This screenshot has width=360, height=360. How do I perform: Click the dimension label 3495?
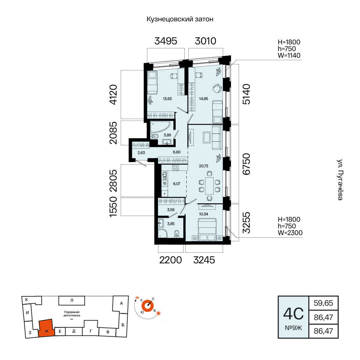click(166, 41)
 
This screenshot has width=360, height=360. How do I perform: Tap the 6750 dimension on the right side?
click(246, 164)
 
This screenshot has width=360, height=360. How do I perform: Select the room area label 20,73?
click(204, 166)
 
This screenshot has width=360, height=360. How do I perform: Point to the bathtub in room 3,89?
click(160, 127)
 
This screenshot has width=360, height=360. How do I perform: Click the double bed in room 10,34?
click(207, 229)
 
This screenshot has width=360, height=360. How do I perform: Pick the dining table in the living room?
click(209, 186)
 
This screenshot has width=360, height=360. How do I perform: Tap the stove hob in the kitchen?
click(176, 168)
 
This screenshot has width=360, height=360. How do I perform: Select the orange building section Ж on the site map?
click(46, 328)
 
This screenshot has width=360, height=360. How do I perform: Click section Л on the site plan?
click(72, 300)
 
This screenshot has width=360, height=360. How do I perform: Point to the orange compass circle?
click(147, 306)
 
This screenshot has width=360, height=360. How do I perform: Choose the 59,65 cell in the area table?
click(323, 303)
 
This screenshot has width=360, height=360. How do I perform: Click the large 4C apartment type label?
click(293, 314)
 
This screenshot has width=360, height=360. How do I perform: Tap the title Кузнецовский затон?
click(180, 19)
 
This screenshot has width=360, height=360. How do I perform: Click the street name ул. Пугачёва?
click(340, 180)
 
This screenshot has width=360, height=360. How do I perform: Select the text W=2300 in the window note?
click(290, 233)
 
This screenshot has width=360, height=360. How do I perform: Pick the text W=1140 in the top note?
click(289, 55)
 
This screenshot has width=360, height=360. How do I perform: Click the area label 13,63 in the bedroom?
click(167, 99)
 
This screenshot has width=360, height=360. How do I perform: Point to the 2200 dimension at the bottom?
click(171, 260)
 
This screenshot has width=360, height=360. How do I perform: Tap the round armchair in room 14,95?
click(217, 89)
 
